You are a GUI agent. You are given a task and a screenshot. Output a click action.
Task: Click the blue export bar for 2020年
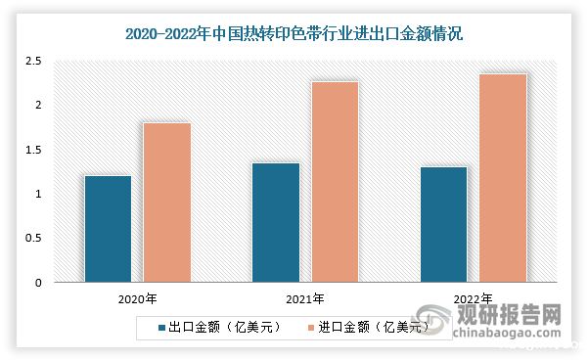click(x=108, y=230)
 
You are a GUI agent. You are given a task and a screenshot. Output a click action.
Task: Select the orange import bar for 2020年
click(x=167, y=202)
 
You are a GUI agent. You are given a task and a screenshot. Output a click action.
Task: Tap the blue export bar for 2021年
click(x=276, y=223)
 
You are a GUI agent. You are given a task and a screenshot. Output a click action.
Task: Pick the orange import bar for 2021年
click(x=336, y=182)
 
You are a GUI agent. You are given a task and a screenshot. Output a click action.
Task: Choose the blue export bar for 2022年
click(x=443, y=225)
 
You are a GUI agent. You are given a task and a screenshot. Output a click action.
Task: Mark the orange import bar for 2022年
click(x=503, y=178)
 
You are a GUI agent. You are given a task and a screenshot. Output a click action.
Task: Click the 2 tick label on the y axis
click(x=37, y=105)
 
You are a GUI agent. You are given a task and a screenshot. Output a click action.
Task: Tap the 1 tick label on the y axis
click(x=37, y=194)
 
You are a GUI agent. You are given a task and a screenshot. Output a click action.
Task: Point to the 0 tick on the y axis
click(x=37, y=283)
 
